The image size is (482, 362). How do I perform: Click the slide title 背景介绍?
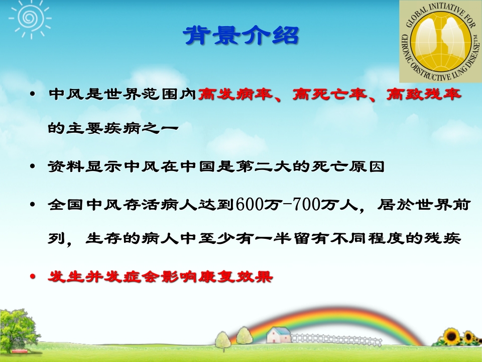point(241,36)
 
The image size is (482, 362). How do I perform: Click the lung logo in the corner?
point(440,41)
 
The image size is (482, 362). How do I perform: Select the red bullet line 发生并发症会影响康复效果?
point(160,277)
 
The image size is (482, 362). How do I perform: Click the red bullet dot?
point(33,277)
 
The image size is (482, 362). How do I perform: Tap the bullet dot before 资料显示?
point(33,167)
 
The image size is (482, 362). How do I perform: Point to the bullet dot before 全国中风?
point(33,206)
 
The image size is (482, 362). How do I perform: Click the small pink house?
point(278,335)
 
